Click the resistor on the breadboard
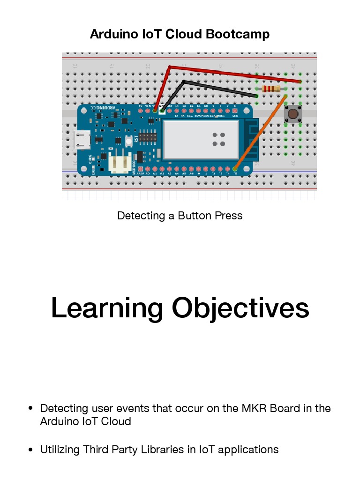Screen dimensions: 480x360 [271, 89]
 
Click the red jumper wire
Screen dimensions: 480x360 [234, 74]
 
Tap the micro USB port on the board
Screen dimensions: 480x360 [82, 140]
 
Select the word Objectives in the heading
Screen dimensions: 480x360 [240, 308]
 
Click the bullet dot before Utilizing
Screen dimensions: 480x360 [30, 450]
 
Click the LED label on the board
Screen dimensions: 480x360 [235, 115]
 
